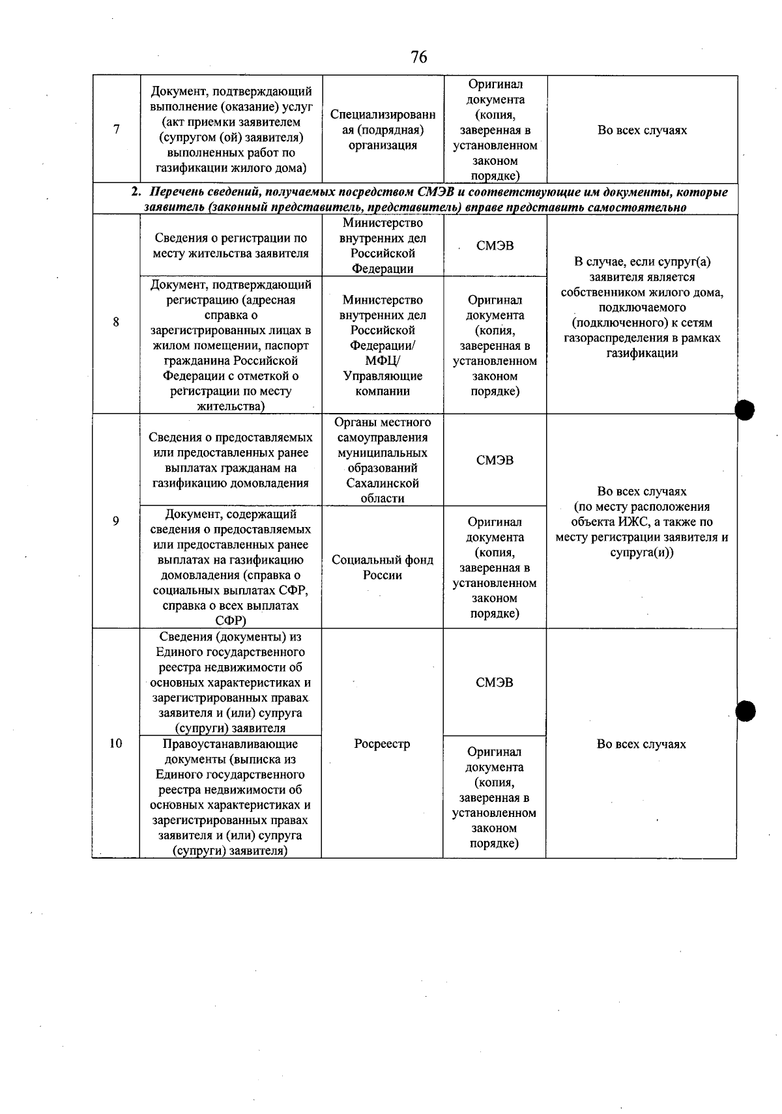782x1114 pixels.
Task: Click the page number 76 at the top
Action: (x=419, y=57)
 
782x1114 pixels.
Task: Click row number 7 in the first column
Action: (x=117, y=129)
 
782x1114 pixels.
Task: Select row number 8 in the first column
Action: (x=116, y=322)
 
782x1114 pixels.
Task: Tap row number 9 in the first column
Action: (x=116, y=521)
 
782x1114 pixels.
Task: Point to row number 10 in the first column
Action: (x=115, y=743)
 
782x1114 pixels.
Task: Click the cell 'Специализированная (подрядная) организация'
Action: (x=383, y=130)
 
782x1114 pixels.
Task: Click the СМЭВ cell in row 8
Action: (x=495, y=246)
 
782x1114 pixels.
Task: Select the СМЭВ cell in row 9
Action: (x=495, y=460)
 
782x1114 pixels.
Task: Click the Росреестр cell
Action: (x=382, y=743)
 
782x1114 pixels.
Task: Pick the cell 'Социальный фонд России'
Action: (x=383, y=567)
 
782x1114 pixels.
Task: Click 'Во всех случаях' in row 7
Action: (x=642, y=130)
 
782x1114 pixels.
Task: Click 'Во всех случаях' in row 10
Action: (x=641, y=744)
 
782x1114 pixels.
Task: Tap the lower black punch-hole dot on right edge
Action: (x=745, y=711)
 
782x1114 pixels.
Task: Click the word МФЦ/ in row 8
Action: (x=383, y=361)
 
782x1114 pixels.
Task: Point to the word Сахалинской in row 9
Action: (x=383, y=483)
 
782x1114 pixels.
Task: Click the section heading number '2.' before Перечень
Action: (x=136, y=192)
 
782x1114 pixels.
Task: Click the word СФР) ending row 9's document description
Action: (x=230, y=621)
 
